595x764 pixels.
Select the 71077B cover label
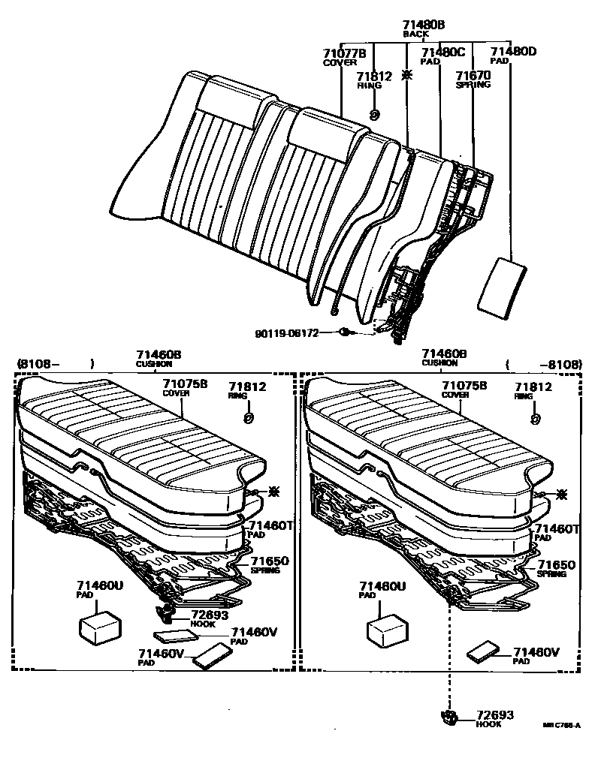[x=344, y=53]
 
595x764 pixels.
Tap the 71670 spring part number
[x=473, y=76]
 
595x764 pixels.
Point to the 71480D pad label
[x=513, y=51]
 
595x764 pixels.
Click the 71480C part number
[x=442, y=52]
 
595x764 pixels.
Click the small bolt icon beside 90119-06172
[x=344, y=332]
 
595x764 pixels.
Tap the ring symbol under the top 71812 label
[x=374, y=114]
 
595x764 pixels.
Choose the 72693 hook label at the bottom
[x=496, y=716]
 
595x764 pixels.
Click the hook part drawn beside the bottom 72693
[x=450, y=717]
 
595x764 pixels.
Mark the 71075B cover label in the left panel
[x=186, y=384]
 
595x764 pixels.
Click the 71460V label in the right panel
[x=537, y=652]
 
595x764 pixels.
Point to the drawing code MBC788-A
[x=562, y=726]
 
